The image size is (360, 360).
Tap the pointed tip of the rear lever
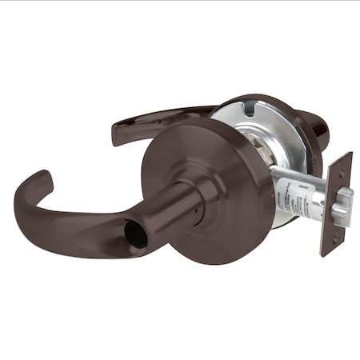117,136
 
